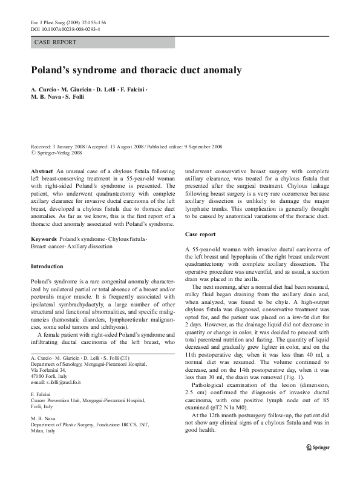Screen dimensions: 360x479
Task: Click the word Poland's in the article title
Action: [x=52, y=70]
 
